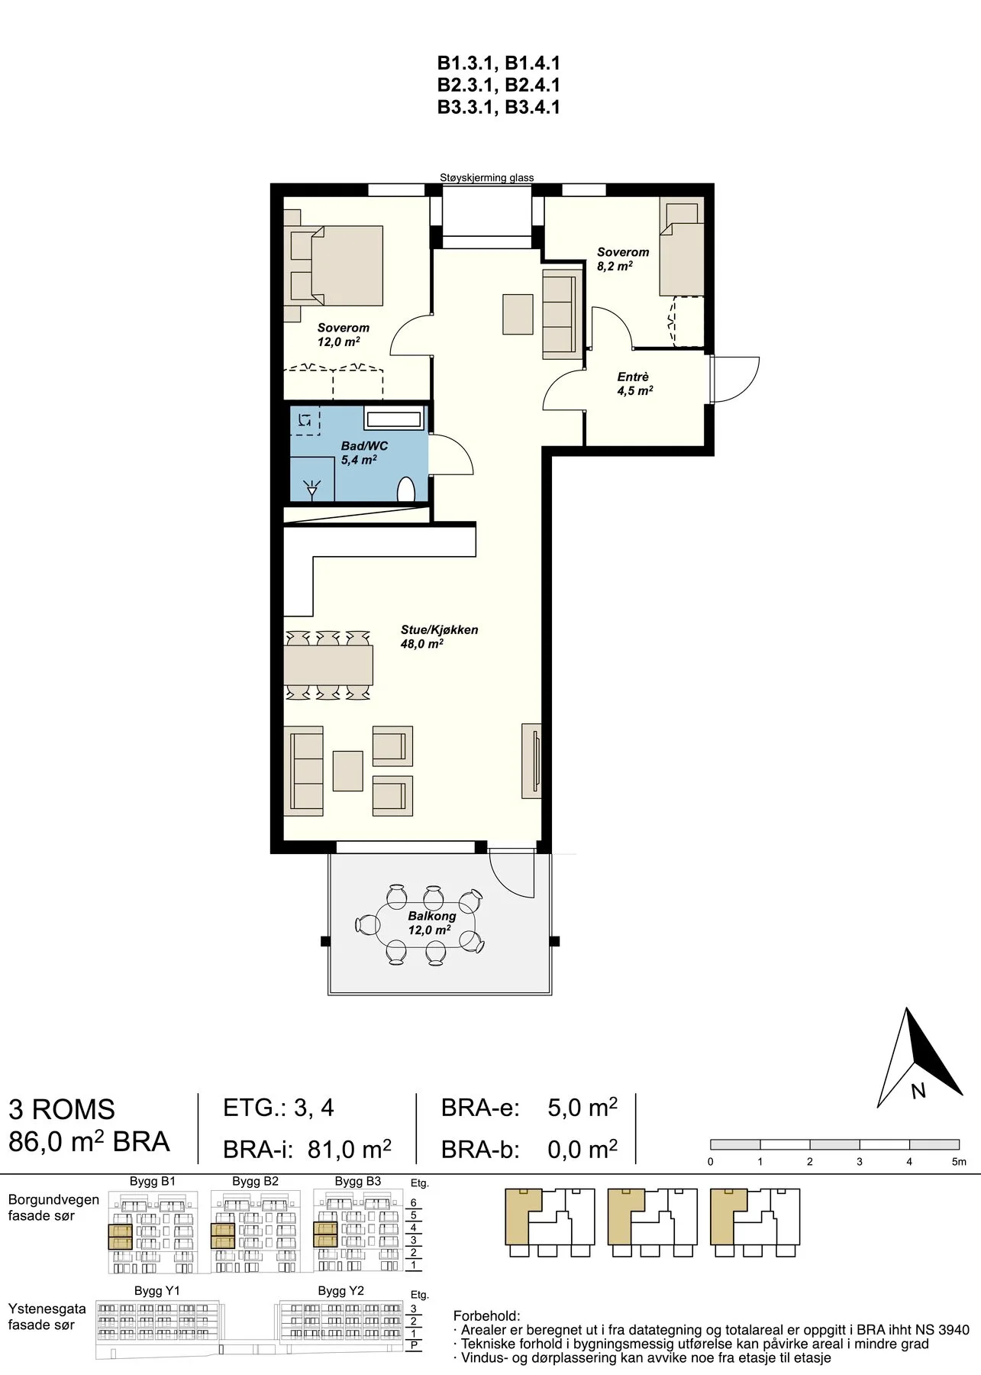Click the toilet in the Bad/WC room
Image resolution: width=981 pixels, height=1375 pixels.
[406, 490]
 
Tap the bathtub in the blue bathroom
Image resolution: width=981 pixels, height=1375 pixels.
[394, 419]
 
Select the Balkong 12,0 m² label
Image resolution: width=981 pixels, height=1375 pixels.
[431, 923]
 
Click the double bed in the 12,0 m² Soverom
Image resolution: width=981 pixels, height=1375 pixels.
[337, 265]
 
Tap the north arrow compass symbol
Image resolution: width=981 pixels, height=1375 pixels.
[918, 1058]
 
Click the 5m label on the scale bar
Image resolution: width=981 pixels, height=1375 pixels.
[959, 1162]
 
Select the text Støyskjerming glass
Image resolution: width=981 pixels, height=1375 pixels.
[487, 178]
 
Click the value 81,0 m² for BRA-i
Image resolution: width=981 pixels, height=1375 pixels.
[350, 1149]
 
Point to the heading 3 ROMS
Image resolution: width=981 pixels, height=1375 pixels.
[62, 1109]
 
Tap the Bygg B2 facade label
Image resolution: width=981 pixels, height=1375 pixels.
[256, 1182]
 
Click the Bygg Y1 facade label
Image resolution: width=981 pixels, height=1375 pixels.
[157, 1291]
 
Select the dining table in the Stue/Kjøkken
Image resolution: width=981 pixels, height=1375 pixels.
[328, 665]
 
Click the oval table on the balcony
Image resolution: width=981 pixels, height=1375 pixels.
[427, 924]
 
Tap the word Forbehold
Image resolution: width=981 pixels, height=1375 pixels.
[486, 1316]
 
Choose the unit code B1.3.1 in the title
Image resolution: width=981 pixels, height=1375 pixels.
[467, 63]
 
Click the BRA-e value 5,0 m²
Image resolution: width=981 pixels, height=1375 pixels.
[582, 1108]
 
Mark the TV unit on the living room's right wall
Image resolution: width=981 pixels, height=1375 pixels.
[532, 761]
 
